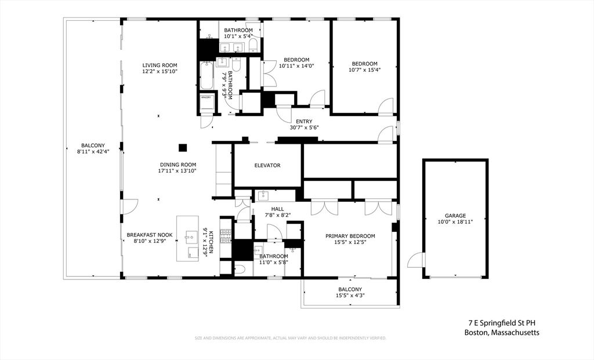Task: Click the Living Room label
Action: point(160,65)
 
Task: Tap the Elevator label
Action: point(267,165)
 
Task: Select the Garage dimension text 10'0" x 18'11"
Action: point(455,221)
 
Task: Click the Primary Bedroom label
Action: point(350,236)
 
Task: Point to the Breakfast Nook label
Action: point(148,235)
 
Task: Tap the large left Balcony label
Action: point(93,146)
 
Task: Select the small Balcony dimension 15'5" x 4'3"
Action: point(350,295)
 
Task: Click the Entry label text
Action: point(304,121)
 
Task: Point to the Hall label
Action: point(277,209)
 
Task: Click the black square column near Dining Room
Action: point(183,147)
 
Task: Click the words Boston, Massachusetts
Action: point(502,333)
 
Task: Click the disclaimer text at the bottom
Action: point(290,338)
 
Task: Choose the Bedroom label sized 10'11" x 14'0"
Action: point(296,59)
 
